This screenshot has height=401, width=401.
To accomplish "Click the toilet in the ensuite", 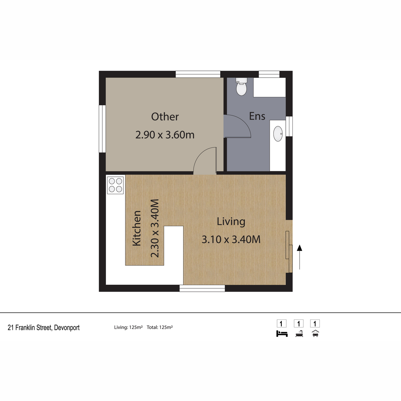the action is (x=241, y=87).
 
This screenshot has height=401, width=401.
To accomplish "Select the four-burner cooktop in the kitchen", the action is (x=115, y=185).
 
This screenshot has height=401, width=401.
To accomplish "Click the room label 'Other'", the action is (x=165, y=117).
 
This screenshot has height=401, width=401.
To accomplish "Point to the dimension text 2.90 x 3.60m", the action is (x=165, y=135).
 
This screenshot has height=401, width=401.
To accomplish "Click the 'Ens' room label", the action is (x=257, y=116).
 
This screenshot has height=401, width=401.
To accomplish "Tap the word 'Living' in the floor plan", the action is (x=231, y=222).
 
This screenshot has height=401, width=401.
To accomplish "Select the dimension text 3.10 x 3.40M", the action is (x=231, y=240).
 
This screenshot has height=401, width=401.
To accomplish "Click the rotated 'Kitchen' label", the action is (x=137, y=228).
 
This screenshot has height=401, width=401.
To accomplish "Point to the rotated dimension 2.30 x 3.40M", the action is (x=155, y=228).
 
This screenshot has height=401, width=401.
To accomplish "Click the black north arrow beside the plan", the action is (x=299, y=257).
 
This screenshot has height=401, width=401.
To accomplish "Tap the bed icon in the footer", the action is (x=282, y=333).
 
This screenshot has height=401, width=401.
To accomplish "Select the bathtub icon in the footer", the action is (x=299, y=333).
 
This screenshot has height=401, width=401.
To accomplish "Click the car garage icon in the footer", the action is (x=315, y=333).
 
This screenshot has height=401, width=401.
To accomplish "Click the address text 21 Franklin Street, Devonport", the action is (x=44, y=328).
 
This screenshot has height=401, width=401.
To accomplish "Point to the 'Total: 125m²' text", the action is (x=160, y=327).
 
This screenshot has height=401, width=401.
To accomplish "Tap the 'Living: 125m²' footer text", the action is (x=128, y=327).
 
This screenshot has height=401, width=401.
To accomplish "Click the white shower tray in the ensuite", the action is (x=269, y=87).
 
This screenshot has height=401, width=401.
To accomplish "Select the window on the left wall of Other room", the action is (x=102, y=129).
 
